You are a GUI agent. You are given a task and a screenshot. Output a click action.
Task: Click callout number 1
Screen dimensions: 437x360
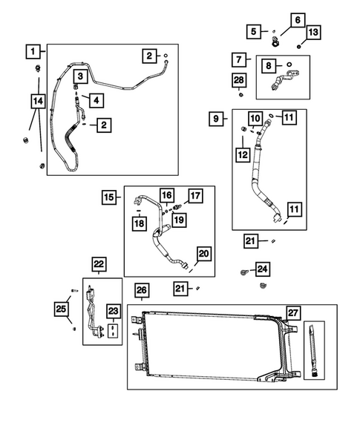pyautogui.click(x=32, y=51)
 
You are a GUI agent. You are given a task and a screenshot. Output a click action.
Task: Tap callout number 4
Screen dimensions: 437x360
pyautogui.click(x=96, y=99)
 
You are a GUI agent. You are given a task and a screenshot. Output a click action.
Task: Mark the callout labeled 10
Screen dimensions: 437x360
pyautogui.click(x=255, y=117)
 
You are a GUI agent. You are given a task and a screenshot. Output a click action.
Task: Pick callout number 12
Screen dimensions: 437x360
pyautogui.click(x=240, y=154)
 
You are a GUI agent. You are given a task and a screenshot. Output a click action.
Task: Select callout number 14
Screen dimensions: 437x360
pyautogui.click(x=38, y=99)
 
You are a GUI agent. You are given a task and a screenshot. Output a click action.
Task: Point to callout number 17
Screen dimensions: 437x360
pyautogui.click(x=194, y=196)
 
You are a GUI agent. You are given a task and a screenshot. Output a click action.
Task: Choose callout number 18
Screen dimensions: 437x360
pyautogui.click(x=139, y=223)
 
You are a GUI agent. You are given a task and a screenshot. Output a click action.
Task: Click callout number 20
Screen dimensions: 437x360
pyautogui.click(x=203, y=254)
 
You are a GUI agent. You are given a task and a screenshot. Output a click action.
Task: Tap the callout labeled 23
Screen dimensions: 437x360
pyautogui.click(x=112, y=311)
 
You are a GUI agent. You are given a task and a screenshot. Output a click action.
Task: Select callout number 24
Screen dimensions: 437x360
pyautogui.click(x=263, y=269)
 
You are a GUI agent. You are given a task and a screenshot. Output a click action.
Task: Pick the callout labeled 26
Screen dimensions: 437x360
pyautogui.click(x=142, y=289)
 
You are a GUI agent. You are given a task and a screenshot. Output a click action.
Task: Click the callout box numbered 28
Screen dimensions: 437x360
pyautogui.click(x=238, y=79)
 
